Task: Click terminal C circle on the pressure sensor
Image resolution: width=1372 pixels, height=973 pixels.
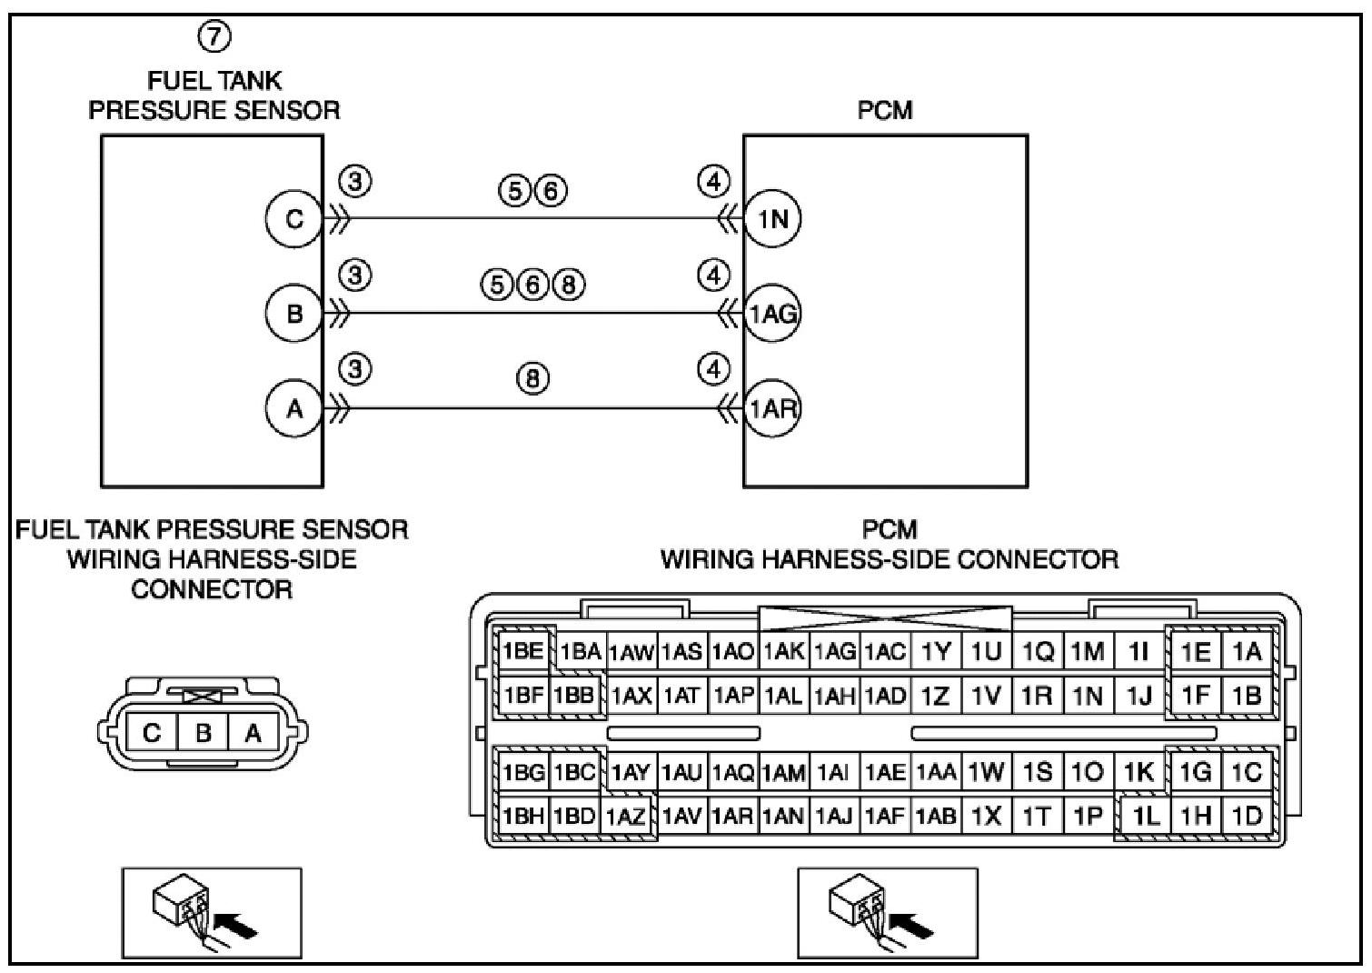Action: [293, 219]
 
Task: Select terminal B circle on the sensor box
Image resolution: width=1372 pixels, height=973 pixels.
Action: [293, 314]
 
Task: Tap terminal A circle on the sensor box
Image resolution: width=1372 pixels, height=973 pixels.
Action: [293, 409]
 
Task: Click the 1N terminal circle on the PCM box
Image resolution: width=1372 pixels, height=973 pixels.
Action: [773, 219]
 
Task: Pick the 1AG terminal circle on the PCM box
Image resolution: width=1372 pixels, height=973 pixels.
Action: [773, 314]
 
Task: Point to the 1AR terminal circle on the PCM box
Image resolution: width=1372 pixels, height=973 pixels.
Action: [773, 409]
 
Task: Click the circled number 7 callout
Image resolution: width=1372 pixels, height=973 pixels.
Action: [214, 37]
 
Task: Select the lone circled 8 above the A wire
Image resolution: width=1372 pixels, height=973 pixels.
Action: [533, 377]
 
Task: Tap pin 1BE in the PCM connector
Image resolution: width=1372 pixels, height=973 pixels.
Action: [522, 651]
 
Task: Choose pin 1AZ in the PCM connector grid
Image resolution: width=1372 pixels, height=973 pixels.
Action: [626, 817]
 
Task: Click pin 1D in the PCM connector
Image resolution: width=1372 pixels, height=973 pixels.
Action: [1248, 817]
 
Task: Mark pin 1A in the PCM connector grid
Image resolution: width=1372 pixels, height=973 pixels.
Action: [1248, 651]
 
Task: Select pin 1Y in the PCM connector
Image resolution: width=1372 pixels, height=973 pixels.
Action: [935, 651]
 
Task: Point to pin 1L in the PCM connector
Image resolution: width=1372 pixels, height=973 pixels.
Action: [1145, 817]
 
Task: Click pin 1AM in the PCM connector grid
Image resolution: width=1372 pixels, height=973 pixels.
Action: [783, 773]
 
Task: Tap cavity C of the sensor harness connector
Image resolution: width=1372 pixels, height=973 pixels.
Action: [152, 732]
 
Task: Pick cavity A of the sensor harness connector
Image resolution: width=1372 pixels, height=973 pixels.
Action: [253, 732]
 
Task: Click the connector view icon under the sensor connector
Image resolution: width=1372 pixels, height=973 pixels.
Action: [212, 912]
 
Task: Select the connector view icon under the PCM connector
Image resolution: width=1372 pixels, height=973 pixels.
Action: [887, 912]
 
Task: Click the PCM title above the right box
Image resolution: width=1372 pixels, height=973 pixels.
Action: [885, 110]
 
